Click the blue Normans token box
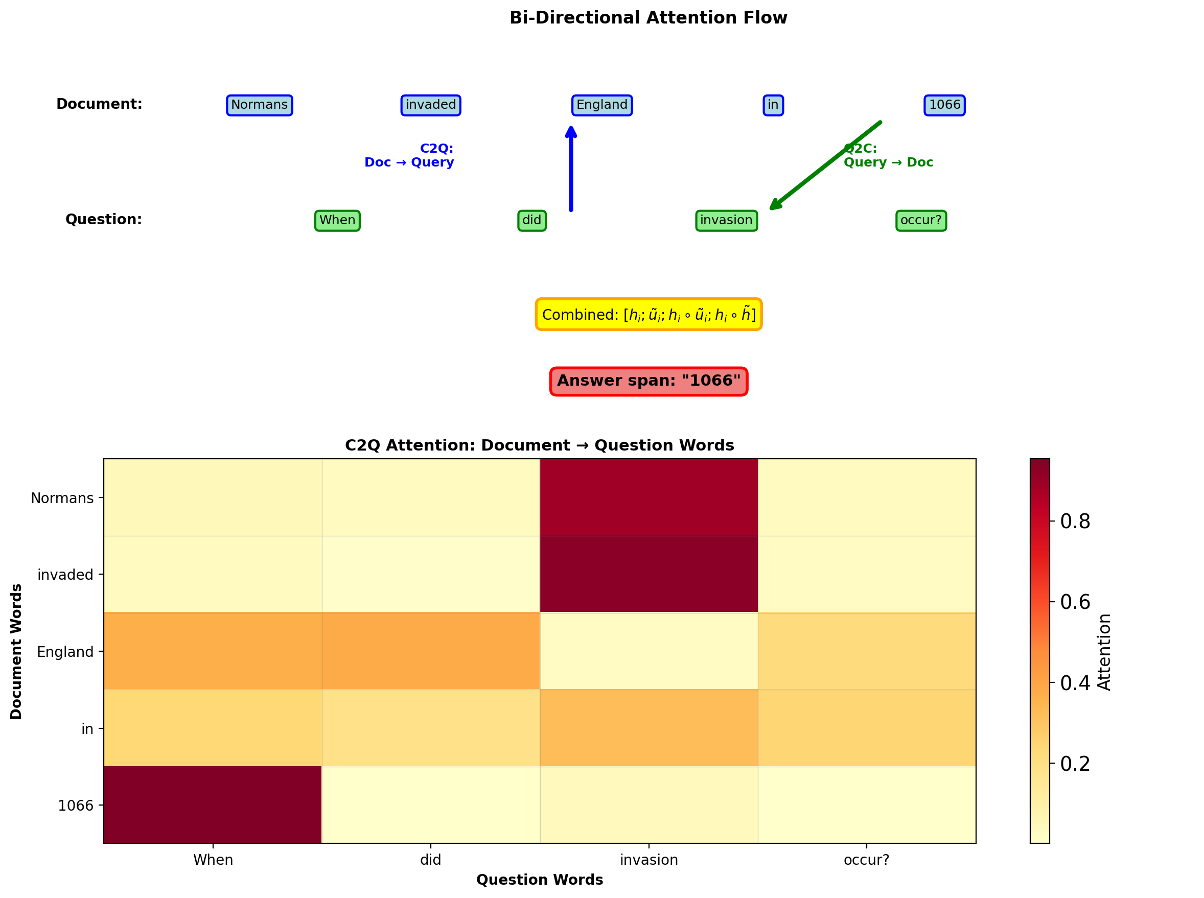pos(260,105)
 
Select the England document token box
pos(601,105)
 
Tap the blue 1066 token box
pos(944,105)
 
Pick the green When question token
pos(337,220)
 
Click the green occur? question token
pos(921,220)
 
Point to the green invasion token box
pos(726,220)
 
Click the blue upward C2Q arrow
pos(570,169)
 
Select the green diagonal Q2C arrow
pos(824,166)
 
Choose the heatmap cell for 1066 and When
pos(213,805)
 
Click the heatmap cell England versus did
pos(431,651)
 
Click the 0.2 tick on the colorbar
pos(1075,764)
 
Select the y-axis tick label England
pos(65,652)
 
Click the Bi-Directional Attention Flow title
pos(648,18)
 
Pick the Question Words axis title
pos(540,880)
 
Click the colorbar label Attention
pos(1104,652)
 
